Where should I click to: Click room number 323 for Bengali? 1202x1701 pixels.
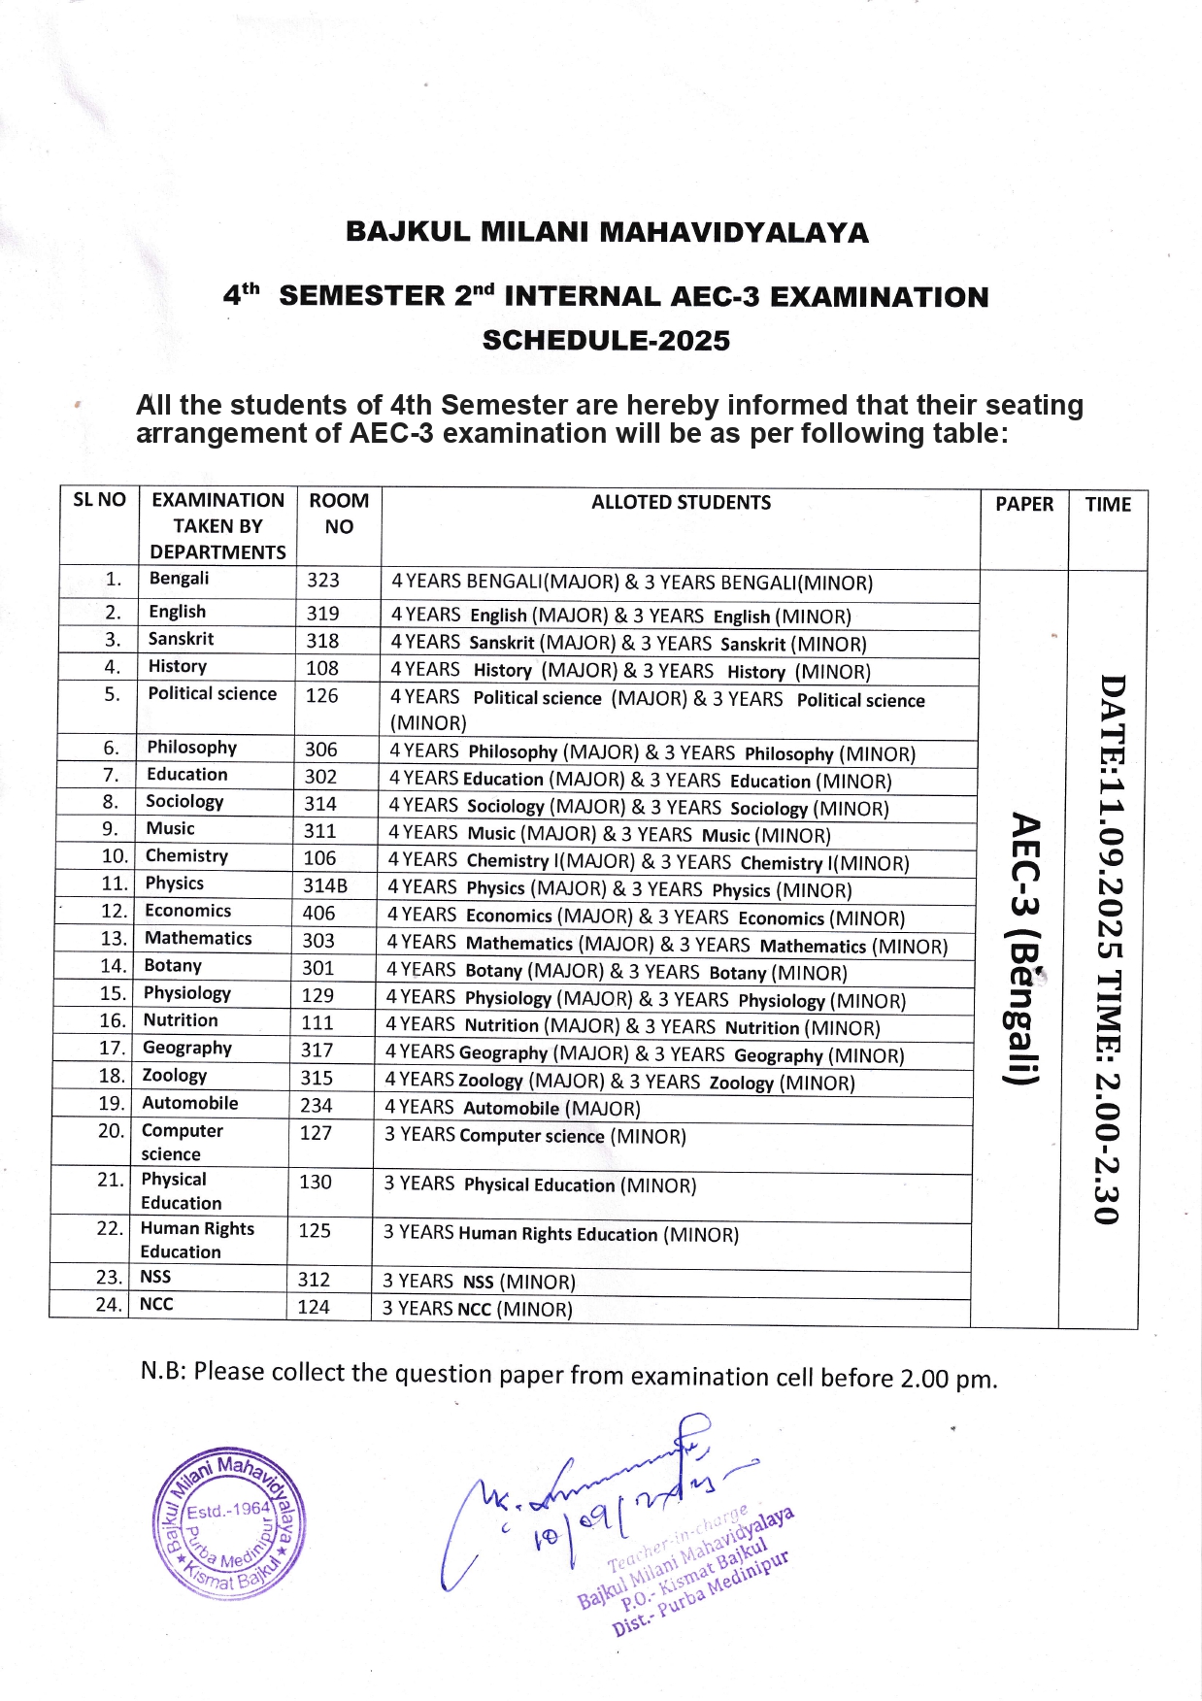click(323, 581)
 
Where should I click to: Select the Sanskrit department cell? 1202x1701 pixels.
click(182, 639)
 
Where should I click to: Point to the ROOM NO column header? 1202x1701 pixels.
click(339, 514)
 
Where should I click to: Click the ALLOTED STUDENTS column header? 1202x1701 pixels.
click(681, 503)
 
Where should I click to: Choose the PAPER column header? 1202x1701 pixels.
click(1023, 505)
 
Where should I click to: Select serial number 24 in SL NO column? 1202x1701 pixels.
click(107, 1305)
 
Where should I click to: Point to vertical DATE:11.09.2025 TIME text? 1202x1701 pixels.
click(1110, 949)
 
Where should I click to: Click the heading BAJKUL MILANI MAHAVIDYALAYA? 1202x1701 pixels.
click(607, 233)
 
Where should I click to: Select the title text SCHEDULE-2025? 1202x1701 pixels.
click(606, 341)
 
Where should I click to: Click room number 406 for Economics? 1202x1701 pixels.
click(318, 914)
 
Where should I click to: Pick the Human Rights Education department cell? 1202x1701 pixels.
click(197, 1240)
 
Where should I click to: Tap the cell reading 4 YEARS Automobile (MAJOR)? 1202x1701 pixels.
click(513, 1109)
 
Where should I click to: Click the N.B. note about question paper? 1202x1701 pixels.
click(569, 1375)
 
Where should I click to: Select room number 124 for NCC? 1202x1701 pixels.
click(314, 1308)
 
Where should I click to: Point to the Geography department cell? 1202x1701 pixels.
click(187, 1049)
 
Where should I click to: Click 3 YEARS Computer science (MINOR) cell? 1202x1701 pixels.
click(535, 1137)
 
